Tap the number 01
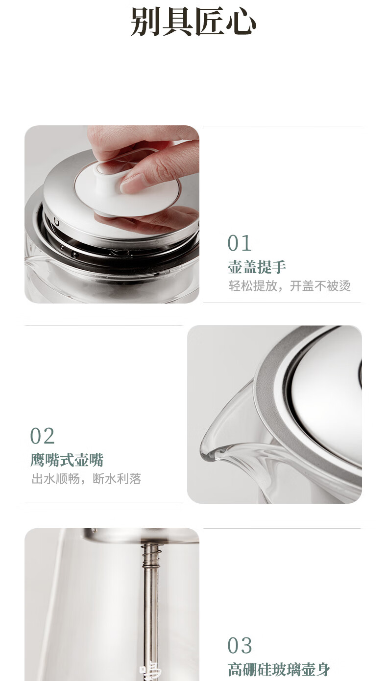[240, 243]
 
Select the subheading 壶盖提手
[257, 267]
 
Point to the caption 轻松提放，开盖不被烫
[290, 286]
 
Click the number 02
[42, 436]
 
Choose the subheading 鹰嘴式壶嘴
[67, 460]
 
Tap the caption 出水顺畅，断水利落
[86, 479]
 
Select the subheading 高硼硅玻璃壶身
[279, 669]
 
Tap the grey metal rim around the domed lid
[264, 417]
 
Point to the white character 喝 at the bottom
[150, 671]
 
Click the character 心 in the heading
[241, 22]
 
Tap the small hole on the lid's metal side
[57, 222]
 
